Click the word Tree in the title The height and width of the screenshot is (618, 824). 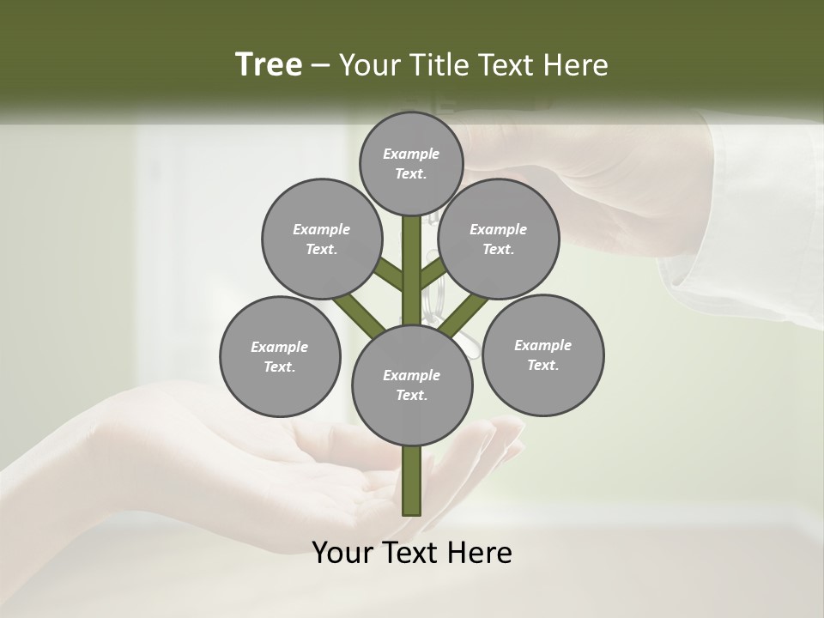click(269, 64)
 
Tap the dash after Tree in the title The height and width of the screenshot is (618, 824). click(320, 66)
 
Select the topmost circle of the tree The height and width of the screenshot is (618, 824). click(411, 163)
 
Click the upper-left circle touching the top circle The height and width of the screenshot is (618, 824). click(321, 239)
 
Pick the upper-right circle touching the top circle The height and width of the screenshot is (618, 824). click(499, 239)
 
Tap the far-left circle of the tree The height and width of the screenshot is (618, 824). click(280, 356)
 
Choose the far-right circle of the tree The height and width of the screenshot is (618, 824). click(542, 354)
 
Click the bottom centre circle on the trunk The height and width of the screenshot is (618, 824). click(412, 385)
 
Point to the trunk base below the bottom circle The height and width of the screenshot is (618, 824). click(412, 481)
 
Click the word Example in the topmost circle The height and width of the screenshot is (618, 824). click(411, 154)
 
